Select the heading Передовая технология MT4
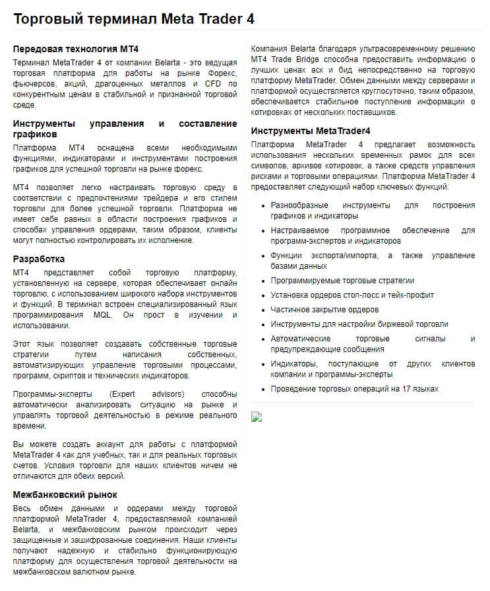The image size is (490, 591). click(76, 49)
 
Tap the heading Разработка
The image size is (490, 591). click(39, 259)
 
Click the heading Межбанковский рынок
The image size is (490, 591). click(65, 494)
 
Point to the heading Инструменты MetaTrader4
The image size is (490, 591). click(311, 130)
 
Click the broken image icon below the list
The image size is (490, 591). click(257, 416)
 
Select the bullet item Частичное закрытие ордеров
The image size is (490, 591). click(324, 309)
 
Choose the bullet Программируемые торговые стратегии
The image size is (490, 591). click(342, 280)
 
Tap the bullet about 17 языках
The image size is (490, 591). click(354, 388)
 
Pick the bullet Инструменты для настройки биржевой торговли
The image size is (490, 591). click(359, 324)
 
